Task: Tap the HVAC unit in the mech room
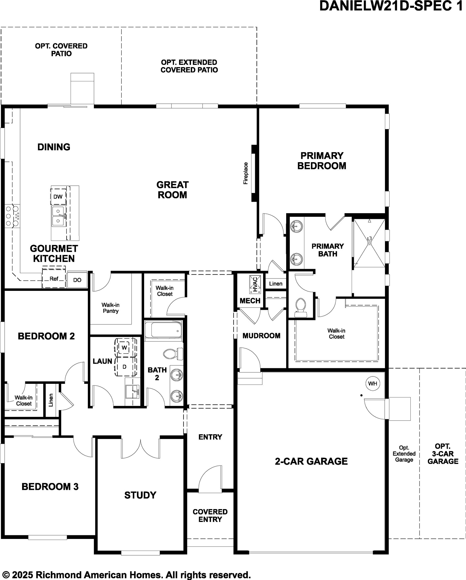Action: click(x=255, y=284)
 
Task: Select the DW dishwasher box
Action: click(x=58, y=197)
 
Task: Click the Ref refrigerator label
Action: click(x=54, y=279)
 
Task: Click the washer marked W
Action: click(x=124, y=348)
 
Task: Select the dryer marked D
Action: click(x=125, y=366)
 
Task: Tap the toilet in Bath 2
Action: click(x=173, y=353)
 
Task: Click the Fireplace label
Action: click(x=246, y=173)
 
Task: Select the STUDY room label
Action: click(x=140, y=495)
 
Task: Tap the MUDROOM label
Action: click(x=261, y=336)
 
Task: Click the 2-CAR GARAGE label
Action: click(x=311, y=461)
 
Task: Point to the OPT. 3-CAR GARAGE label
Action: click(x=443, y=454)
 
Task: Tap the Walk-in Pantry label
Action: click(x=110, y=308)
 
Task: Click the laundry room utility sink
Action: click(x=132, y=392)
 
